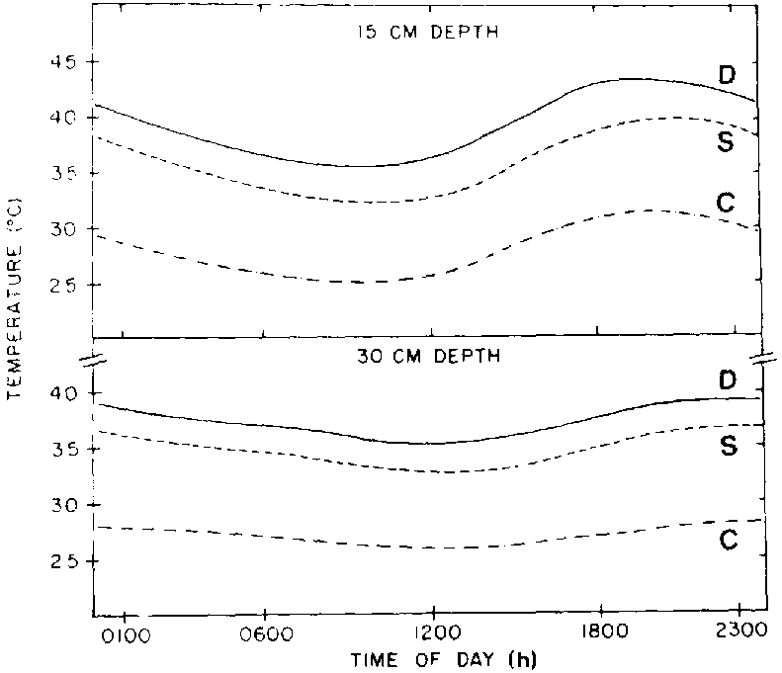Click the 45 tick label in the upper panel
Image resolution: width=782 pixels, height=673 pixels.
click(x=63, y=62)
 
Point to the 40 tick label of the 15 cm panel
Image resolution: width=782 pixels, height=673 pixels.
click(x=63, y=118)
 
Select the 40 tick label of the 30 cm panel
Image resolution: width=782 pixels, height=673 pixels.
click(x=63, y=393)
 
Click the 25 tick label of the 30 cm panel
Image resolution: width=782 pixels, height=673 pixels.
click(x=63, y=561)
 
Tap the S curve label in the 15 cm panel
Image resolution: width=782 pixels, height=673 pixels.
click(x=725, y=142)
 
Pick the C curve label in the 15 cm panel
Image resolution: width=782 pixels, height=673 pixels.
click(x=725, y=203)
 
